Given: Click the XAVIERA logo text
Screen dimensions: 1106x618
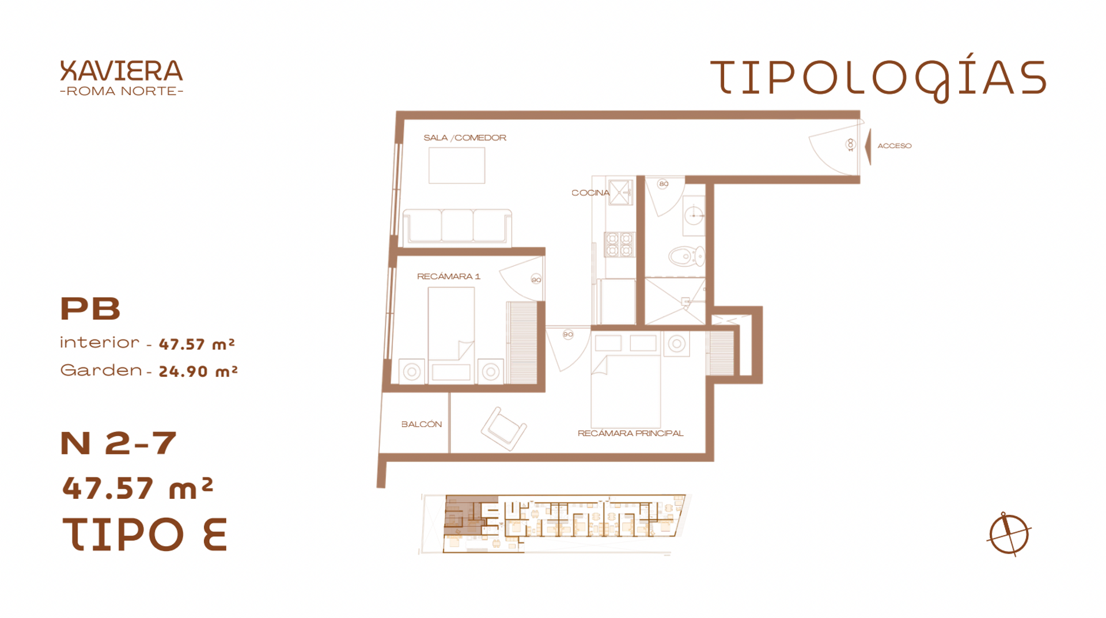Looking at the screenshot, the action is [x=122, y=71].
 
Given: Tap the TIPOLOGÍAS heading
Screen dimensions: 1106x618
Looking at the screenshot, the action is [x=878, y=78].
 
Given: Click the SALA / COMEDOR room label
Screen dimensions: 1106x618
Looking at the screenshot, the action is [x=465, y=138].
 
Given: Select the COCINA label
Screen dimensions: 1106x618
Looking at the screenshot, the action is [x=590, y=193].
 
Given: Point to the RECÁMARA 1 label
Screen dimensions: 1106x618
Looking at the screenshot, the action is [x=448, y=276].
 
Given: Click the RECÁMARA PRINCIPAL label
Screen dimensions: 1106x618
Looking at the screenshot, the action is [x=630, y=433].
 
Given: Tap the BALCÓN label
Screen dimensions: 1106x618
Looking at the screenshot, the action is [x=422, y=424].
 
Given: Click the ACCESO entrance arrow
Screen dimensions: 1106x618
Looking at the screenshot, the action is [x=868, y=146].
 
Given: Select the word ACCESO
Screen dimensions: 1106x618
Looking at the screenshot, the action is [x=894, y=146].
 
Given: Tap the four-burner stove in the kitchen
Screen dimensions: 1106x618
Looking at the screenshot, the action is [x=619, y=244].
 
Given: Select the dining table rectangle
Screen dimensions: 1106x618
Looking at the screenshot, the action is [x=457, y=165].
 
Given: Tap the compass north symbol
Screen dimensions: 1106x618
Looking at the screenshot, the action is [x=1009, y=534].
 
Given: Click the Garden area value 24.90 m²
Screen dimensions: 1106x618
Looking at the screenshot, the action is [x=198, y=371].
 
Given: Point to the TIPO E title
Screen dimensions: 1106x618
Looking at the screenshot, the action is [x=145, y=534].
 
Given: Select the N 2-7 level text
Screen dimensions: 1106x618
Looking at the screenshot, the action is [x=118, y=443].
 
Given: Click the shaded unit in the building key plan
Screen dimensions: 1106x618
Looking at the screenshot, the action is [x=469, y=515].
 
